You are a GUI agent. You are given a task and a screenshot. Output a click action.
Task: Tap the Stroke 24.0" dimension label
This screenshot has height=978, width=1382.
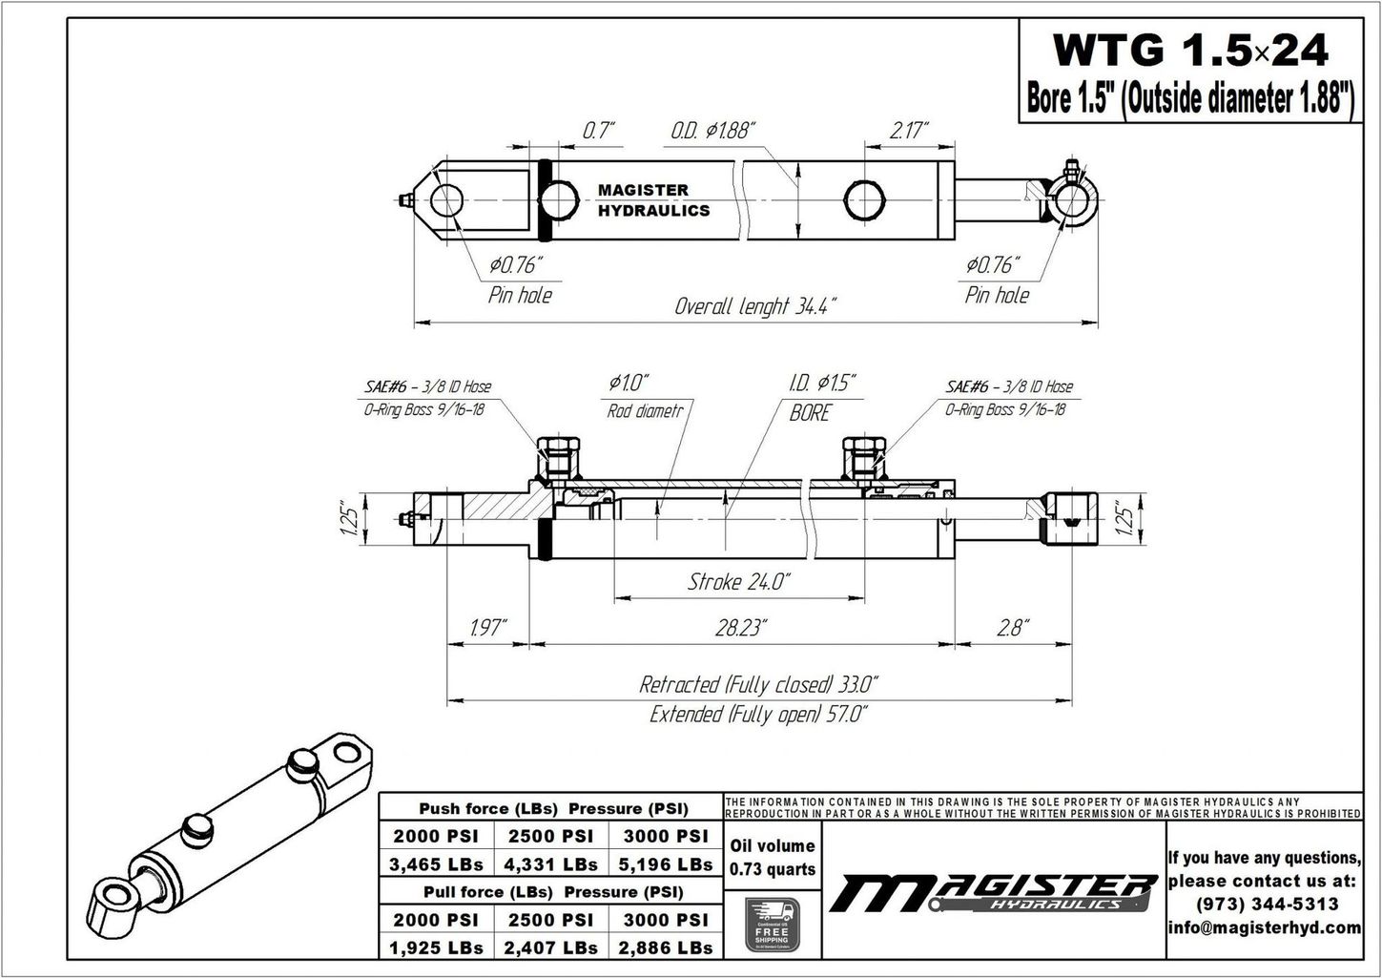click(x=738, y=581)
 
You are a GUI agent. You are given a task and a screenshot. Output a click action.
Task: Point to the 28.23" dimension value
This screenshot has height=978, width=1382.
click(x=741, y=627)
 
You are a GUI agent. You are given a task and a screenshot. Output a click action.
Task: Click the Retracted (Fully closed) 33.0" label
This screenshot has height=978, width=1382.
click(x=758, y=684)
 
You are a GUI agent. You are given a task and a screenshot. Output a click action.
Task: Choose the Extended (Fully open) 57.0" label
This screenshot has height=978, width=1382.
click(x=758, y=714)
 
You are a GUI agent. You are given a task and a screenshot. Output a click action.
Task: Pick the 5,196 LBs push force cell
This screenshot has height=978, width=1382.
click(x=666, y=864)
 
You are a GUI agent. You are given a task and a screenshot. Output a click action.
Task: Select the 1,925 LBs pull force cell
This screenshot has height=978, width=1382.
click(x=436, y=947)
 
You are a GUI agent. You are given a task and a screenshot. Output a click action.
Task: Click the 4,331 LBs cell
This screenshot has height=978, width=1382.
click(x=551, y=864)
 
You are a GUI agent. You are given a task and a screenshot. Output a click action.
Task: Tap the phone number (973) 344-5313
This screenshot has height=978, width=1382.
click(x=1265, y=904)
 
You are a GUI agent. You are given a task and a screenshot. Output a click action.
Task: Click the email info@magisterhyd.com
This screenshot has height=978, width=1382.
click(x=1265, y=927)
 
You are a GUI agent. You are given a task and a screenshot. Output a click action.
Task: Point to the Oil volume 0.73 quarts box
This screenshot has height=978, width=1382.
click(x=772, y=857)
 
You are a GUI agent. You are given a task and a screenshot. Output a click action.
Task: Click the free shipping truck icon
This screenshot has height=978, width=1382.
click(x=772, y=924)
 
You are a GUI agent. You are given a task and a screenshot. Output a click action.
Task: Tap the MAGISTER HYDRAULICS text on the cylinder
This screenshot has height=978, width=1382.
click(x=653, y=200)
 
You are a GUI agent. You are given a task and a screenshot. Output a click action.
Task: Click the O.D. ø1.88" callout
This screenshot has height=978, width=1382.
click(x=712, y=131)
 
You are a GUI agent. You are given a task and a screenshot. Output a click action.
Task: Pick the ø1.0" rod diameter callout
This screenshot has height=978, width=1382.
click(x=629, y=384)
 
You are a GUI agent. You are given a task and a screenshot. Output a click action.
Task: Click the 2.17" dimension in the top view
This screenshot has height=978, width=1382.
click(x=908, y=131)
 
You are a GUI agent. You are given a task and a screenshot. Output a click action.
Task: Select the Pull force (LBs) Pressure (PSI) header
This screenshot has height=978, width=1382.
click(x=552, y=892)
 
